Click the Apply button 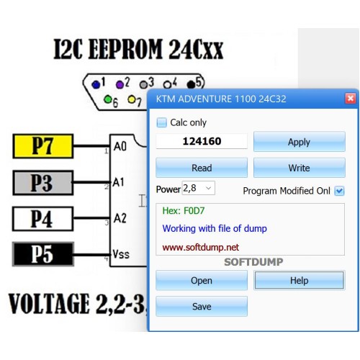click(300, 142)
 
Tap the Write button click(300, 168)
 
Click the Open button click(202, 280)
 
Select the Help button click(300, 280)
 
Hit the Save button click(202, 307)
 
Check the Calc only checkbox click(161, 122)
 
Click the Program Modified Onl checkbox click(339, 191)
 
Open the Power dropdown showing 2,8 click(199, 188)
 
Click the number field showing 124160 click(202, 141)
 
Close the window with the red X click(350, 99)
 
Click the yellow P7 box click(43, 146)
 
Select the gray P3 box click(43, 183)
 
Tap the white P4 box click(43, 219)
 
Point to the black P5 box click(43, 254)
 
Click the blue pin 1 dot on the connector click(96, 84)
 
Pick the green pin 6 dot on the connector click(108, 99)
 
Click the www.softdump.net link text click(201, 247)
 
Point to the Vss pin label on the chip click(121, 254)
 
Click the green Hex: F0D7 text click(184, 211)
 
